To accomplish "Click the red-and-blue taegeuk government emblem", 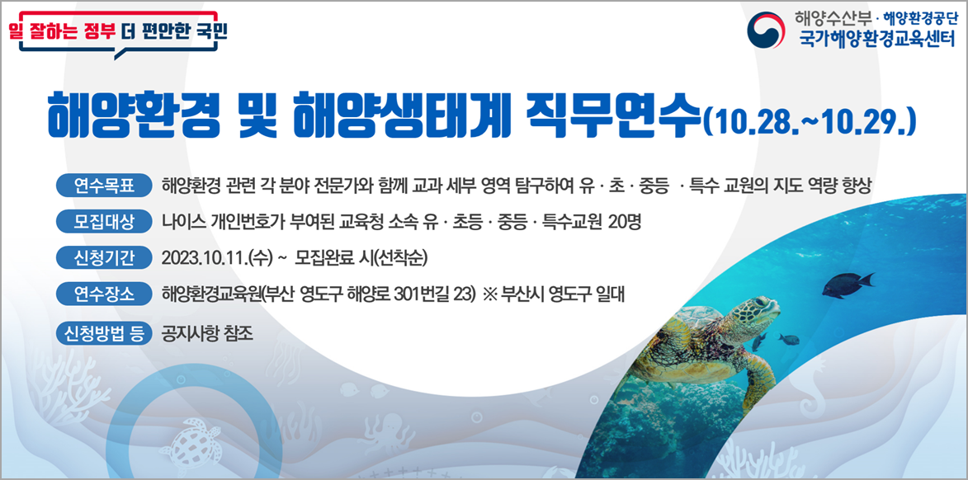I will [767, 31].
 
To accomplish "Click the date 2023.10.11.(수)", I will [219, 257].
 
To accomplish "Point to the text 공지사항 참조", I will [208, 333].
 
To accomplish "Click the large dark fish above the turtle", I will [845, 285].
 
